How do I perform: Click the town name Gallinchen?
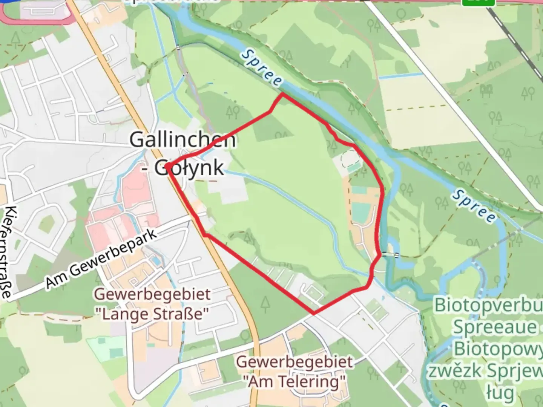(x=183, y=140)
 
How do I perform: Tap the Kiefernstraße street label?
(x=8, y=252)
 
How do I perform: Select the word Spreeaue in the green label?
(x=494, y=327)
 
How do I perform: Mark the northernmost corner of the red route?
(x=282, y=94)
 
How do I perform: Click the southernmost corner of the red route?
(x=314, y=312)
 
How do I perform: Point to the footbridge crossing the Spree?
(x=390, y=255)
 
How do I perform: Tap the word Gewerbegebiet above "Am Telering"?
(x=295, y=362)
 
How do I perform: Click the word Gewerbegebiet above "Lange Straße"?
(x=152, y=294)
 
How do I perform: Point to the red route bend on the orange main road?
(x=205, y=235)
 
